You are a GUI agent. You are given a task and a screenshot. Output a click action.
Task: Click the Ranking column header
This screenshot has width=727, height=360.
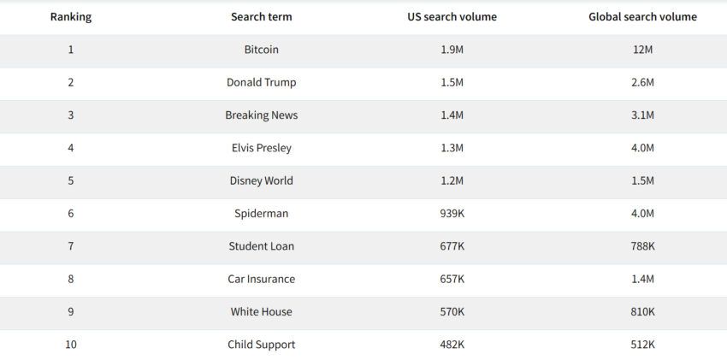coord(71,17)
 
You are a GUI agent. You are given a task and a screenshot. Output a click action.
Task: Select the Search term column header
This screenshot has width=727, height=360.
coord(261,17)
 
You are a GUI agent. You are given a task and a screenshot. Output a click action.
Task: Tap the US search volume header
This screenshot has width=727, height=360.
coord(452,17)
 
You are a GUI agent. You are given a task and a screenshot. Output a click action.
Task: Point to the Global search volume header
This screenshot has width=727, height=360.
coord(642,17)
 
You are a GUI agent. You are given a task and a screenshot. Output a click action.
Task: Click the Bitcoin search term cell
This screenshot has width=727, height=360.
coord(261,50)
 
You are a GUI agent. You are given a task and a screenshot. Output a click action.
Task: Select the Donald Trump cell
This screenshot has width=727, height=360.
coord(261,82)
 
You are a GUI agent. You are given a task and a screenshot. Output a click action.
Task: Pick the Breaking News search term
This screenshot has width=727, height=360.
coord(261,115)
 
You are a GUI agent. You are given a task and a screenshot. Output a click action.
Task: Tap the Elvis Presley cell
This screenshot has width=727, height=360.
coord(261,148)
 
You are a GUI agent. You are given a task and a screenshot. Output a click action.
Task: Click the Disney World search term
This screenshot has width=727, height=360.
coord(261,180)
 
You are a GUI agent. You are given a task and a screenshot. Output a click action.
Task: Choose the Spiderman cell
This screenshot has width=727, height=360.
coord(261,214)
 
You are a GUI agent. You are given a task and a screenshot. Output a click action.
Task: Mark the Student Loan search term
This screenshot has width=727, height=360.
coord(261,246)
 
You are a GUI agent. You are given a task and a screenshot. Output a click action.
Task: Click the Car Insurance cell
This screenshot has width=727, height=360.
coord(261,279)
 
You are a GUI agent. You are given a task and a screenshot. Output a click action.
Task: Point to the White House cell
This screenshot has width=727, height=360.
coord(261,312)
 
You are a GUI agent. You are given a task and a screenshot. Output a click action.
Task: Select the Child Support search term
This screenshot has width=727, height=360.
coord(261,345)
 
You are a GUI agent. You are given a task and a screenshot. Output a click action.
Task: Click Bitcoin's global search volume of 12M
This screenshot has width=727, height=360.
coord(642,50)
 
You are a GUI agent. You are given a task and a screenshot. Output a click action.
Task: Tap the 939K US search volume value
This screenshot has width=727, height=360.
coord(452,214)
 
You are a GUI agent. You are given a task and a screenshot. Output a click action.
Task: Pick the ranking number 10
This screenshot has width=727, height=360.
coord(71,345)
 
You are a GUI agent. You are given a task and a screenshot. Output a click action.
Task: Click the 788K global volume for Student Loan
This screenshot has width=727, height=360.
coord(642,246)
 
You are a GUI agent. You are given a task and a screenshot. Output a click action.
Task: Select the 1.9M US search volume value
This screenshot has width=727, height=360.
coord(452,50)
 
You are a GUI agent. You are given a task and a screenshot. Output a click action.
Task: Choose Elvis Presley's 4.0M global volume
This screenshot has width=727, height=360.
coord(642,148)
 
